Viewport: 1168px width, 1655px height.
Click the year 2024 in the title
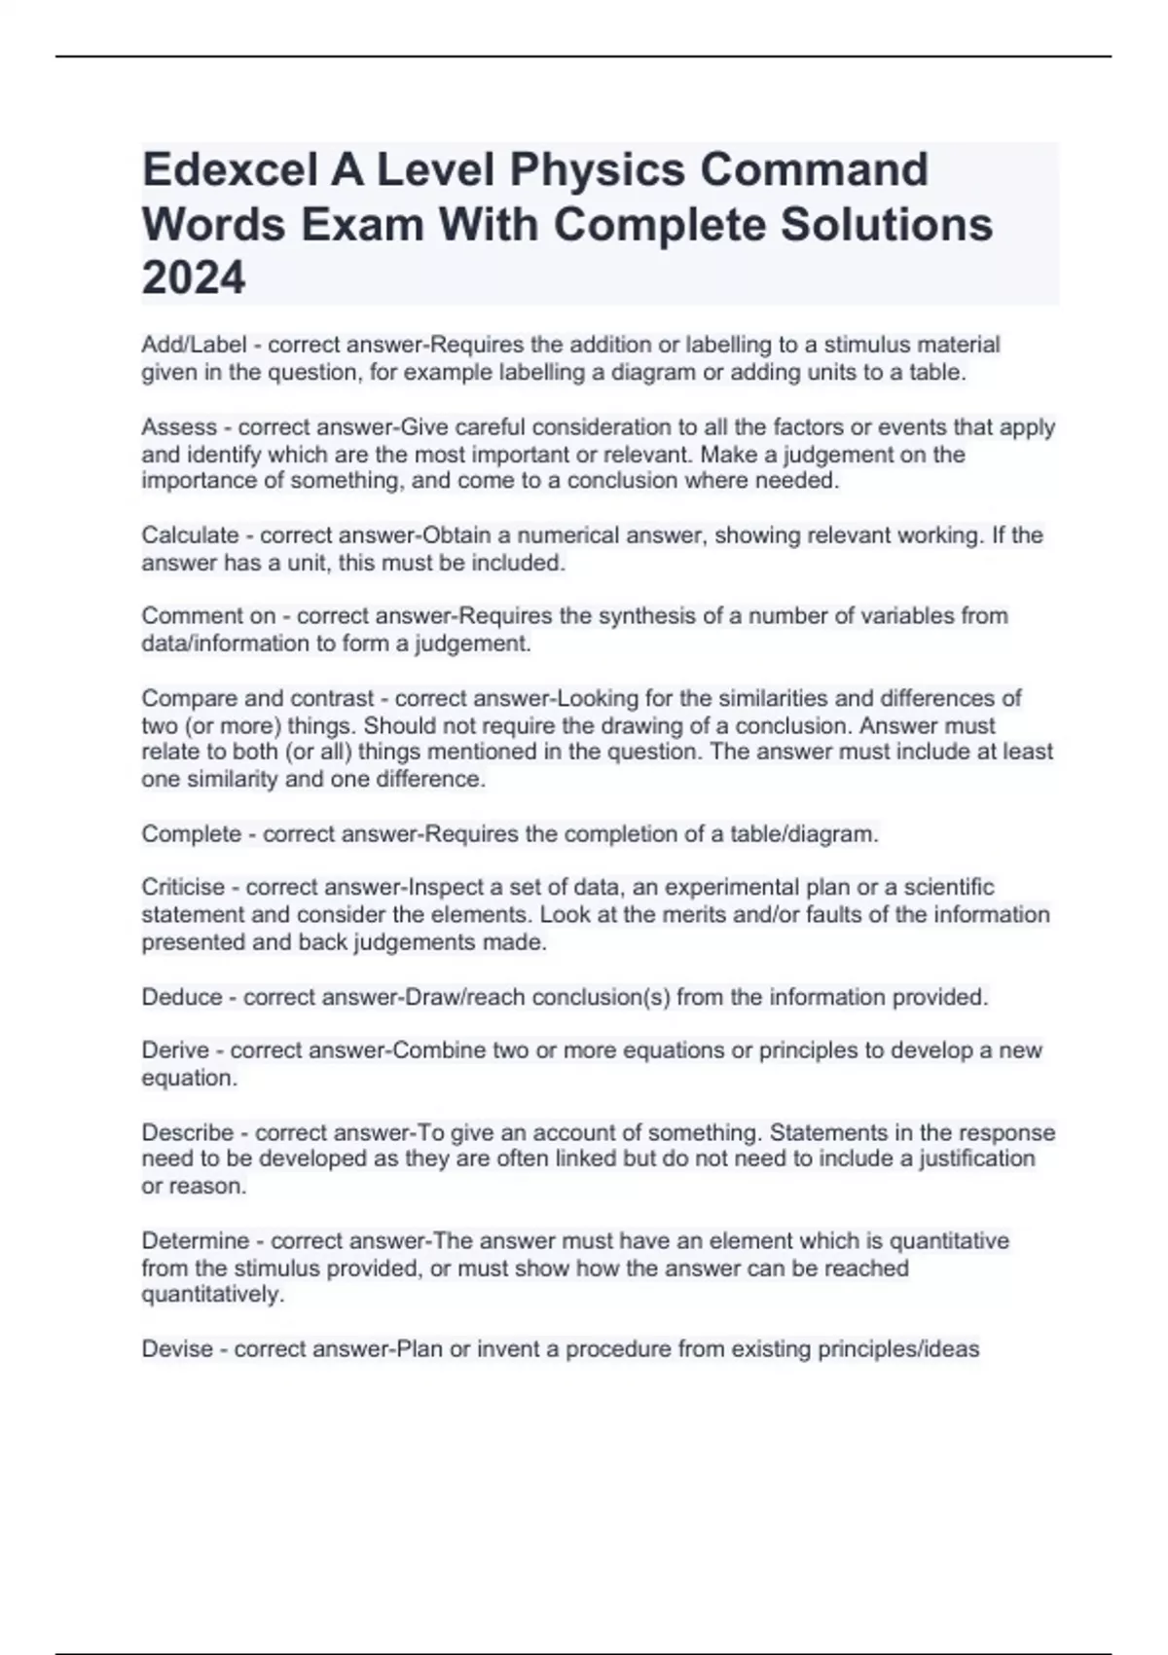[194, 278]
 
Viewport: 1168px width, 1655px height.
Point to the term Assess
[179, 426]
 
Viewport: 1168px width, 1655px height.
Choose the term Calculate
[190, 535]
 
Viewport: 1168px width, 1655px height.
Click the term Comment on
[206, 616]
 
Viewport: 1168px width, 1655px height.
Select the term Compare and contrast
[258, 698]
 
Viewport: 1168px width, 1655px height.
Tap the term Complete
[191, 834]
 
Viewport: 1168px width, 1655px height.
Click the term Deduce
[182, 997]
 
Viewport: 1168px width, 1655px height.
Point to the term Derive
[175, 1050]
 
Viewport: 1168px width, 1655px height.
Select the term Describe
[187, 1132]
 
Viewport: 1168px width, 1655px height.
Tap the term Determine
[196, 1240]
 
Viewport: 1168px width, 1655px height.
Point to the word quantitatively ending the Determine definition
[212, 1295]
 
